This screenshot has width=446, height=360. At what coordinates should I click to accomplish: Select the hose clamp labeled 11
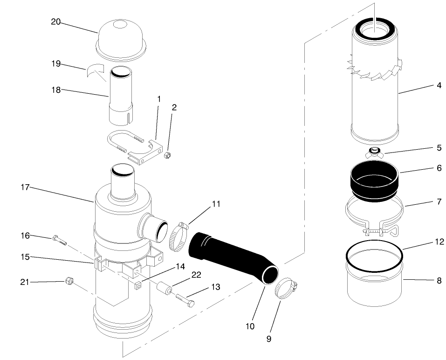178,236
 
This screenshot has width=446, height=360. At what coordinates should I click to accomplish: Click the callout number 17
25,187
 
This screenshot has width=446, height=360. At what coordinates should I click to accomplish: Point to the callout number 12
439,242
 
